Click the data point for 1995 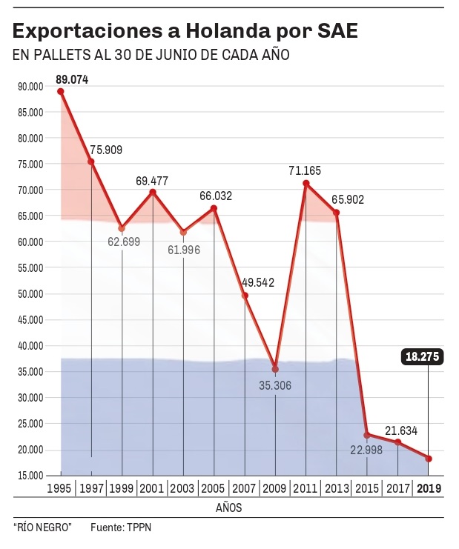click(x=61, y=91)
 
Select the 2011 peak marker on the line click(x=306, y=183)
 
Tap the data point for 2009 click(x=275, y=369)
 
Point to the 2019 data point click(x=429, y=459)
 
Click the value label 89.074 click(x=72, y=79)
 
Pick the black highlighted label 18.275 click(x=423, y=356)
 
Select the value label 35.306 click(x=276, y=386)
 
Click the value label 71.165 click(x=305, y=170)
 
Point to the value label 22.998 click(x=366, y=447)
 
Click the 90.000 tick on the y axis click(x=30, y=87)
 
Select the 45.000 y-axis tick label click(x=30, y=320)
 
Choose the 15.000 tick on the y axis click(x=30, y=476)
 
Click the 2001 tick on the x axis click(x=152, y=488)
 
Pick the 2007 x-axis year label click(x=244, y=488)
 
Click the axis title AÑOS click(x=228, y=508)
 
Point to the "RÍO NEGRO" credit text click(x=42, y=527)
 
